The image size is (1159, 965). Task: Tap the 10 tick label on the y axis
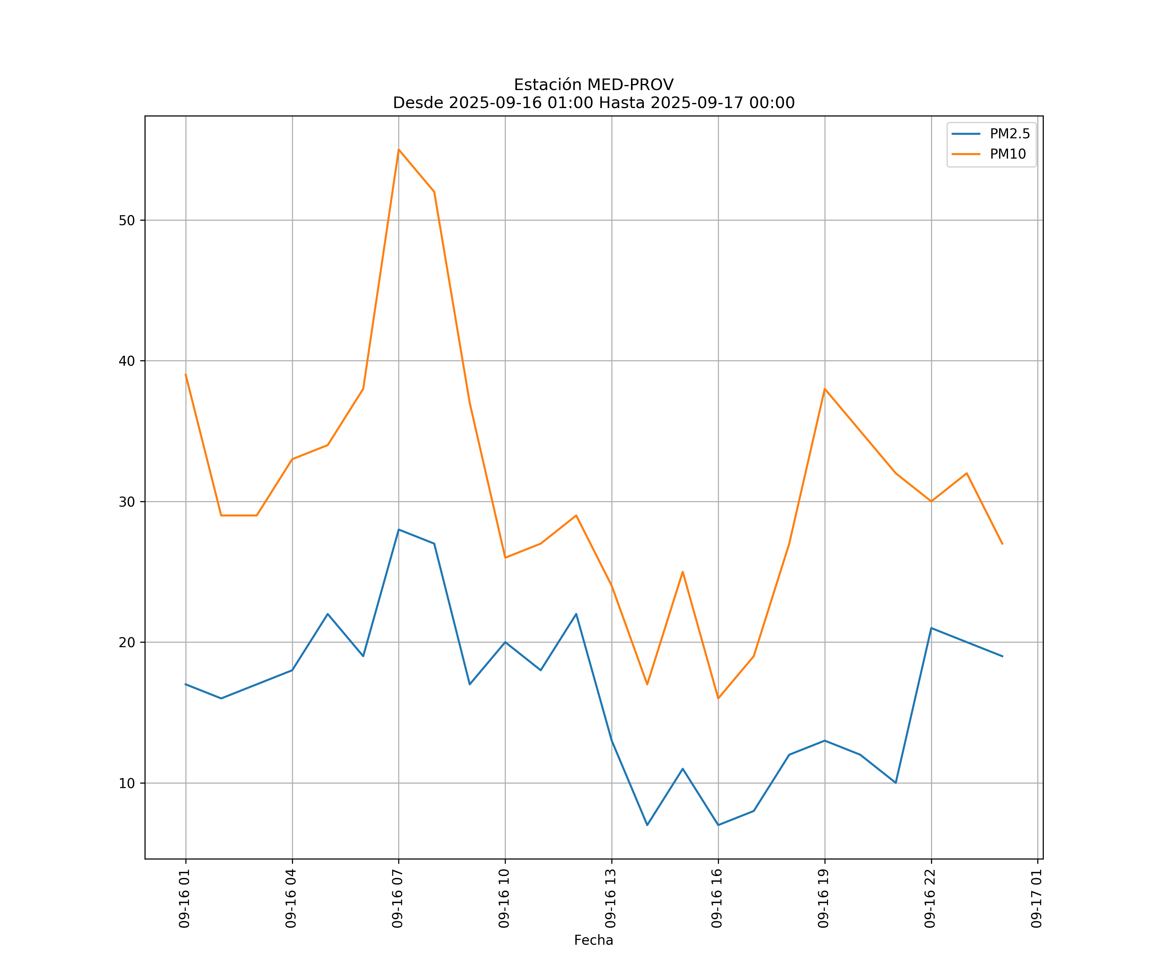(x=127, y=783)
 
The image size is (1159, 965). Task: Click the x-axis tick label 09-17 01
(x=1036, y=898)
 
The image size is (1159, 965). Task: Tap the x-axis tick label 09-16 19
(x=824, y=898)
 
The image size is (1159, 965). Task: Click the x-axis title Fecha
(x=593, y=940)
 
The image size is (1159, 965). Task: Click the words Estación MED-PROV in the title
(x=593, y=85)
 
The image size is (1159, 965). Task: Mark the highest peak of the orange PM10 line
(x=399, y=150)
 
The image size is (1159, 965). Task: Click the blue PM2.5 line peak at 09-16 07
(x=399, y=529)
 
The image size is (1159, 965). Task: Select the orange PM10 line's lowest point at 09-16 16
(x=718, y=698)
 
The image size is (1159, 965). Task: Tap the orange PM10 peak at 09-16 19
(x=824, y=389)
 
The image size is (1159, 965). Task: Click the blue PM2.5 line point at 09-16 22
(x=931, y=628)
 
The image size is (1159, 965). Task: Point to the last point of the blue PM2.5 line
(x=1002, y=656)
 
